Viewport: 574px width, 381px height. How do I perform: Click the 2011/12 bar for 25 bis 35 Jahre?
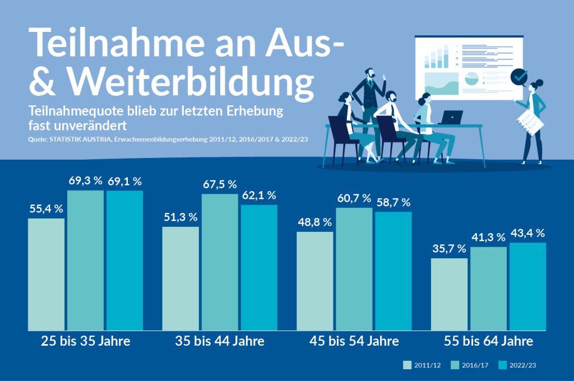click(x=46, y=274)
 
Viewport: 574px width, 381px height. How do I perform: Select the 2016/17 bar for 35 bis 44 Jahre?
click(x=220, y=262)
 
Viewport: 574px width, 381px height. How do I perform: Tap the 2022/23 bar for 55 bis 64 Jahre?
click(x=527, y=286)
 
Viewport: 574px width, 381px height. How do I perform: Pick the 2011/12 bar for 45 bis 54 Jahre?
click(x=315, y=281)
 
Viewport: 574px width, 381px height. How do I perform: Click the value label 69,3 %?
click(x=86, y=182)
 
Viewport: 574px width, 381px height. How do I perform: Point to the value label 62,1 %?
click(x=259, y=196)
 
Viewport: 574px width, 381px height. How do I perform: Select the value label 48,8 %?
click(x=315, y=222)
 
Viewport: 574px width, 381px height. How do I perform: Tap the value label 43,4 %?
click(x=527, y=233)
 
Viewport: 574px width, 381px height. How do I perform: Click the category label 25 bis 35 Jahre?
click(x=86, y=341)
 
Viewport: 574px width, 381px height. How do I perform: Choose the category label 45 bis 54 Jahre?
click(x=354, y=341)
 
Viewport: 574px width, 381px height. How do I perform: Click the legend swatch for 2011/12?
click(x=407, y=365)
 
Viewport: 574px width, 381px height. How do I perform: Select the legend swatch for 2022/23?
click(x=502, y=365)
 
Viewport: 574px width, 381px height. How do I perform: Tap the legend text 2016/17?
click(x=474, y=365)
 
